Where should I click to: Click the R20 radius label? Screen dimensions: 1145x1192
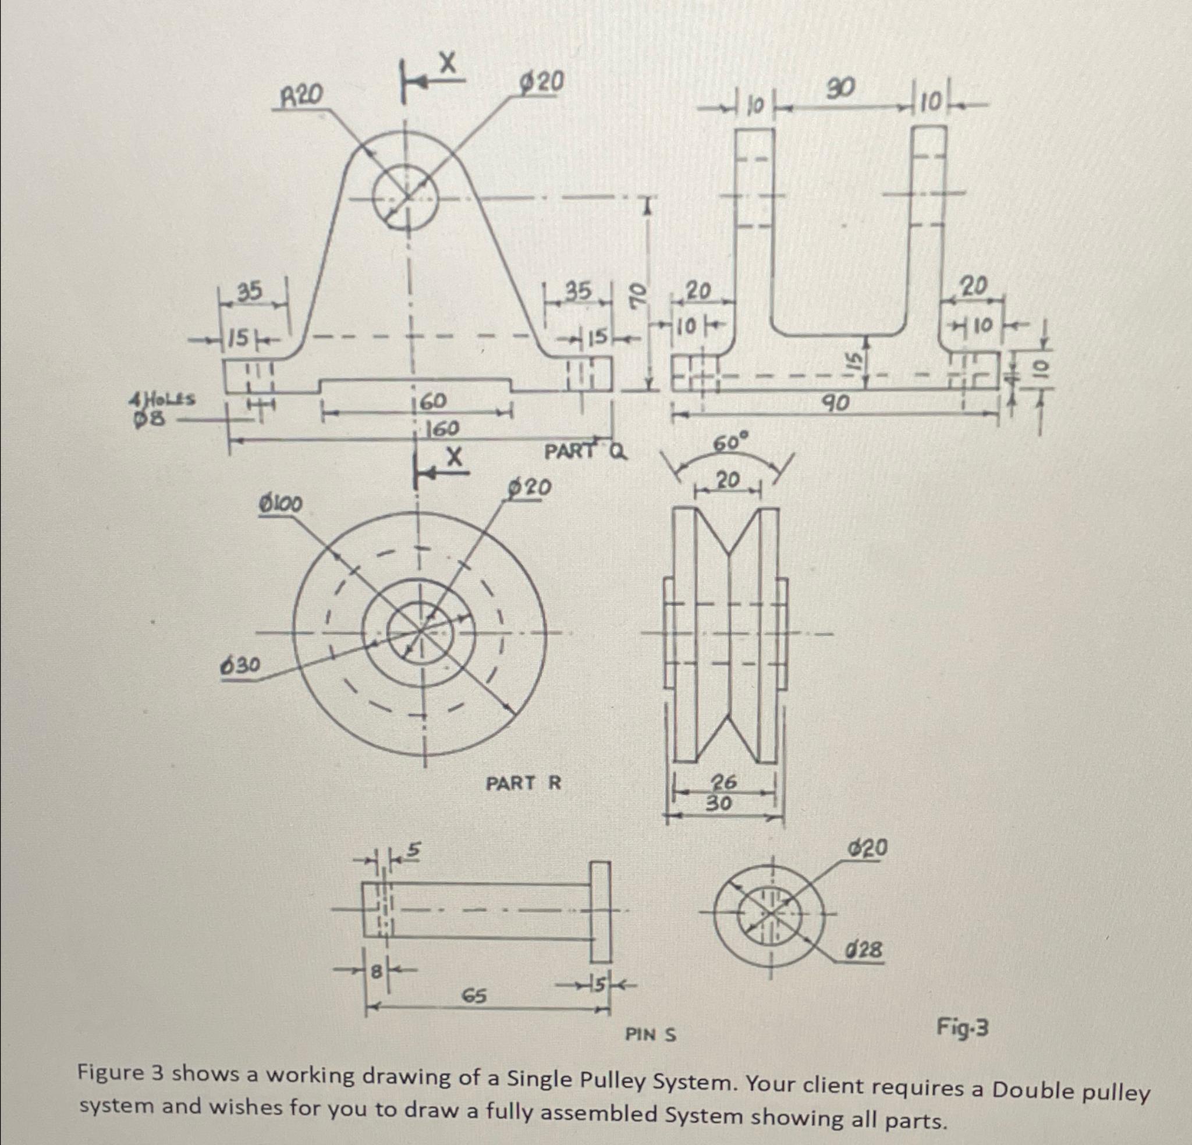click(x=301, y=95)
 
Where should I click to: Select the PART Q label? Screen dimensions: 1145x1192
click(x=584, y=451)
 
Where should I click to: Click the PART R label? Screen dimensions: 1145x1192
click(x=524, y=783)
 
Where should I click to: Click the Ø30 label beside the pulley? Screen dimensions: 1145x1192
click(x=240, y=666)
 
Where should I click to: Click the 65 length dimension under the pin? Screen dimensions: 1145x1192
click(x=475, y=995)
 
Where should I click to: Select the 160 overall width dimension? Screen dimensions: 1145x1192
click(x=442, y=429)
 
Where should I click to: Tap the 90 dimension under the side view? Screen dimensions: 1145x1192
click(x=836, y=402)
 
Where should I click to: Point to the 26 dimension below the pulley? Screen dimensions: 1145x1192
click(x=725, y=781)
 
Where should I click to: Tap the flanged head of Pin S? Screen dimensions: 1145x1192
click(x=599, y=911)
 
